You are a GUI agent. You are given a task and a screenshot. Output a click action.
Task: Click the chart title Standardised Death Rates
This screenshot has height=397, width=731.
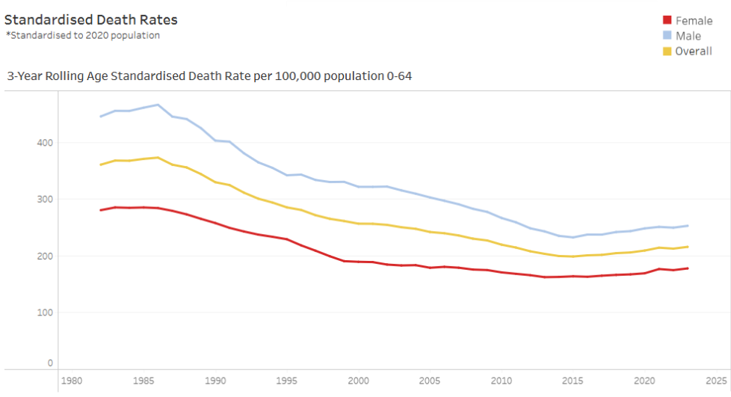click(x=91, y=19)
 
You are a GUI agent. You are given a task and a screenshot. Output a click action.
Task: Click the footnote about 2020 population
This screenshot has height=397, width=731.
click(x=82, y=35)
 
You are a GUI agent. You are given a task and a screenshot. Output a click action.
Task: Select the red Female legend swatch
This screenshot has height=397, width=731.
click(x=667, y=20)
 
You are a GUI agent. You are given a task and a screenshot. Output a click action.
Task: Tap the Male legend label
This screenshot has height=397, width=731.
click(x=688, y=36)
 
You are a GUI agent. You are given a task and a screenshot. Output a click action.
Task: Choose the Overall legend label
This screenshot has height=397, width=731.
click(x=693, y=51)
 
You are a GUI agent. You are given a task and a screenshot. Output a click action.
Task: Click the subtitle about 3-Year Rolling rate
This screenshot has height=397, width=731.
click(x=209, y=76)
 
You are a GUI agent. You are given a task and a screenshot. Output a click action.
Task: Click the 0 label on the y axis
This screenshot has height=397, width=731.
click(x=50, y=363)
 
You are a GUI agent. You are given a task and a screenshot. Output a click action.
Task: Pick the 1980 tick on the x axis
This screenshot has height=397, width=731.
click(x=72, y=379)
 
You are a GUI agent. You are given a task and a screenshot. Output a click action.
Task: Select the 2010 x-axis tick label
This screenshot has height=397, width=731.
click(x=502, y=379)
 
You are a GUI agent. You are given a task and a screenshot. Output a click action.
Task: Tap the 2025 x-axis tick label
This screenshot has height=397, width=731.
click(x=715, y=379)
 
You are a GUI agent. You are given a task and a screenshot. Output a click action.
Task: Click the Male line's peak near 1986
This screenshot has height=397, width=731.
click(x=157, y=105)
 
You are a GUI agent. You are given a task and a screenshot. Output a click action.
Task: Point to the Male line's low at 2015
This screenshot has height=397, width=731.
click(x=573, y=237)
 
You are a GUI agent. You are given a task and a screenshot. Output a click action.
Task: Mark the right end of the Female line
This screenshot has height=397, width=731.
click(x=688, y=268)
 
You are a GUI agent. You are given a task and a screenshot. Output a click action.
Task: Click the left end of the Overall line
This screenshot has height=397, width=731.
click(x=101, y=164)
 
